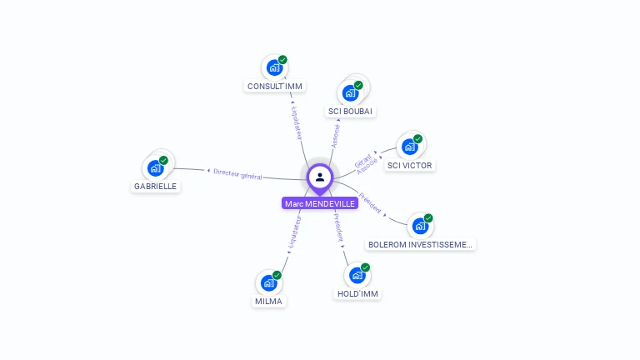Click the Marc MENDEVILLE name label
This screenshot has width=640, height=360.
click(320, 203)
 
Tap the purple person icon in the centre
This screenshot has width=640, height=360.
click(320, 177)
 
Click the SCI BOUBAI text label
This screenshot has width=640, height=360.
click(350, 111)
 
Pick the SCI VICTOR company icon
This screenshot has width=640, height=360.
click(409, 147)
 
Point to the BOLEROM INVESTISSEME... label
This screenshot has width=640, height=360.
click(421, 244)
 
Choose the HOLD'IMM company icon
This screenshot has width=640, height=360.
click(357, 275)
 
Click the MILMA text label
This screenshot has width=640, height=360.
click(268, 301)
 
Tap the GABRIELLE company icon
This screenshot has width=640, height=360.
click(155, 167)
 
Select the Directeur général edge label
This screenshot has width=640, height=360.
click(237, 174)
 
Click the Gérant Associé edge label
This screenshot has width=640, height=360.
click(366, 163)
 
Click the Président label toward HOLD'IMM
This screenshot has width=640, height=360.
click(337, 228)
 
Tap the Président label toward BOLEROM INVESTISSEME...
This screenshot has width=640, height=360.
click(371, 203)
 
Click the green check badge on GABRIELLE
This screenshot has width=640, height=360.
click(164, 159)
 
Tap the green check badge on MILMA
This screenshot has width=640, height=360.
click(277, 275)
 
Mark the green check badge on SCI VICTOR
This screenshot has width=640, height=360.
click(418, 138)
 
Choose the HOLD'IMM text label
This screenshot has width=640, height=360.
click(358, 293)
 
